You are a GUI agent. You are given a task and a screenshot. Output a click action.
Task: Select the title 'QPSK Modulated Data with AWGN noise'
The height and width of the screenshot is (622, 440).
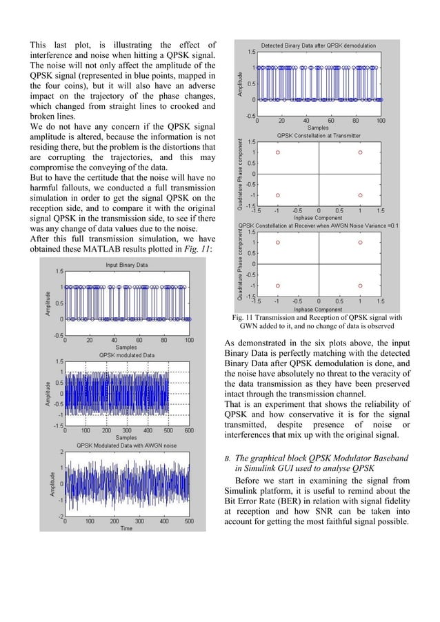pyautogui.click(x=127, y=445)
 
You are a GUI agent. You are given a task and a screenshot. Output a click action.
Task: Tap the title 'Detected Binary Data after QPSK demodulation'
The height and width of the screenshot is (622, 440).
pyautogui.click(x=318, y=44)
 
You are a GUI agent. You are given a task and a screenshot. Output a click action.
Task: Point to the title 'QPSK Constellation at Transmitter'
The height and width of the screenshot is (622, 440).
pyautogui.click(x=318, y=135)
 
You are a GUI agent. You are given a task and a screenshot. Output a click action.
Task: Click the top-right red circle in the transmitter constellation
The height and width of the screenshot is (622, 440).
pyautogui.click(x=360, y=152)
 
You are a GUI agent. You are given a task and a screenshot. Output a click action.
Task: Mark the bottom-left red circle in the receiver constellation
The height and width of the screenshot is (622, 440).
pyautogui.click(x=278, y=285)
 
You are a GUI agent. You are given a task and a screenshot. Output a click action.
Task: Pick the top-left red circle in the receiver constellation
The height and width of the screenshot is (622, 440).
pyautogui.click(x=278, y=243)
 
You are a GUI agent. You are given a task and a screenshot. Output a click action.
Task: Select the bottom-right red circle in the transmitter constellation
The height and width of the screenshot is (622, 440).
pyautogui.click(x=360, y=195)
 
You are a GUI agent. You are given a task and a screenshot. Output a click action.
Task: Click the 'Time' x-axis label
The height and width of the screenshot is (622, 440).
pyautogui.click(x=126, y=528)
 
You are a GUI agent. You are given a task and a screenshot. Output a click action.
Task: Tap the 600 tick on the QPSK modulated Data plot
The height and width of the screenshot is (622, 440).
pyautogui.click(x=188, y=430)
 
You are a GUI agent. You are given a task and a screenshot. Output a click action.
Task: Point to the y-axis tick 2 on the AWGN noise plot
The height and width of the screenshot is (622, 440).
pyautogui.click(x=61, y=452)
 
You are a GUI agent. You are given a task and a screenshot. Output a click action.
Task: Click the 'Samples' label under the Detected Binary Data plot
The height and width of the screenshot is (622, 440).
pyautogui.click(x=318, y=128)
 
